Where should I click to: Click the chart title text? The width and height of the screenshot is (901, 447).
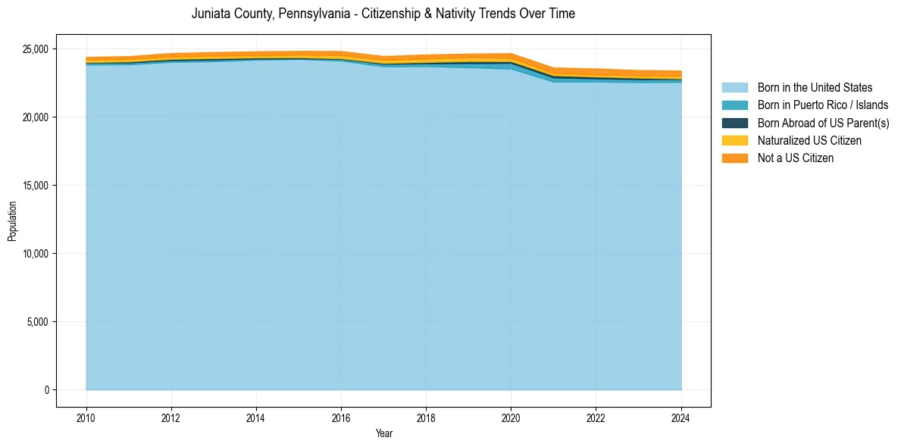pos(383,14)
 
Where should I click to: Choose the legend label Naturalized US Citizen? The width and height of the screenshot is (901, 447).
pos(809,141)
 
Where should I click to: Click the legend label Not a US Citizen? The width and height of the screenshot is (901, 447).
pos(796,158)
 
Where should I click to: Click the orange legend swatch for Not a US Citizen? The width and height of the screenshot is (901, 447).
pos(734,158)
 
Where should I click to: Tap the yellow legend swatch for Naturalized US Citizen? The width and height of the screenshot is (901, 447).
pos(734,141)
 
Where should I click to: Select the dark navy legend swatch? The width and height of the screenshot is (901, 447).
pos(734,123)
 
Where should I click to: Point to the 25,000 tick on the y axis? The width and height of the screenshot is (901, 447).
pos(35,49)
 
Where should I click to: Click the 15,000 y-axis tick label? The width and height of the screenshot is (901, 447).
pos(35,186)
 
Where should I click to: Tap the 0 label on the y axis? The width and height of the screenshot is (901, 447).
pos(46,390)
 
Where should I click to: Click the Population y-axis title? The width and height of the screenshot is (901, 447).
pos(12,221)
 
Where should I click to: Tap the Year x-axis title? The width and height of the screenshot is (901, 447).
pos(383,433)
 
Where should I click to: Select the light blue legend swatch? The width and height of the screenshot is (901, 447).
pos(734,88)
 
